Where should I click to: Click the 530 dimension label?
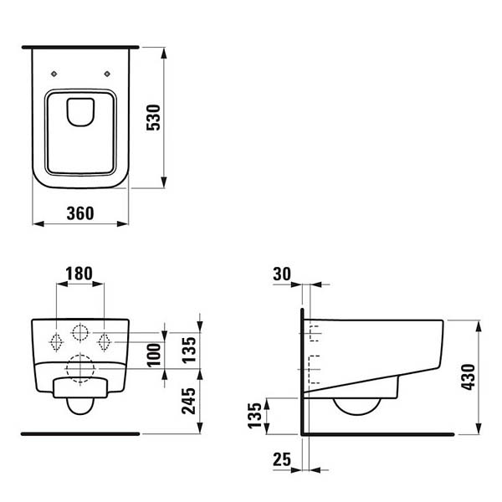point(153,117)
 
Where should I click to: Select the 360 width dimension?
point(80,213)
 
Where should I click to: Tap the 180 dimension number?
point(79,274)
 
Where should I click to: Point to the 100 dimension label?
point(154,355)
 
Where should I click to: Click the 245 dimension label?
point(188,401)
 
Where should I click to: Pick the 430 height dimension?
point(468,377)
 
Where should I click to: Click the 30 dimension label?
point(282,274)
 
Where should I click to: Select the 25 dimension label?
point(282,459)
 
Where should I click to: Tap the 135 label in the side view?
point(254,416)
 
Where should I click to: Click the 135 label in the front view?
point(188,350)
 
